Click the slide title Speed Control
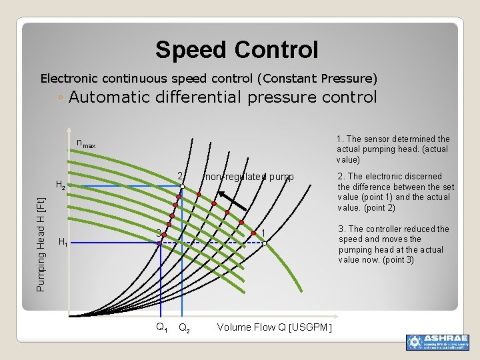pyautogui.click(x=237, y=50)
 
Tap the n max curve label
pyautogui.click(x=86, y=144)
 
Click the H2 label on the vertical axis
pyautogui.click(x=60, y=185)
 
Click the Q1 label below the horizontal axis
pyautogui.click(x=161, y=327)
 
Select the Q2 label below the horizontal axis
pyautogui.click(x=185, y=327)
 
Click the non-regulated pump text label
pyautogui.click(x=249, y=177)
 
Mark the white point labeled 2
pyautogui.click(x=182, y=186)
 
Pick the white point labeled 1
pyautogui.click(x=264, y=243)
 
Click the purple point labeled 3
pyautogui.click(x=159, y=243)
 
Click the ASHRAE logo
pyautogui.click(x=437, y=342)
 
